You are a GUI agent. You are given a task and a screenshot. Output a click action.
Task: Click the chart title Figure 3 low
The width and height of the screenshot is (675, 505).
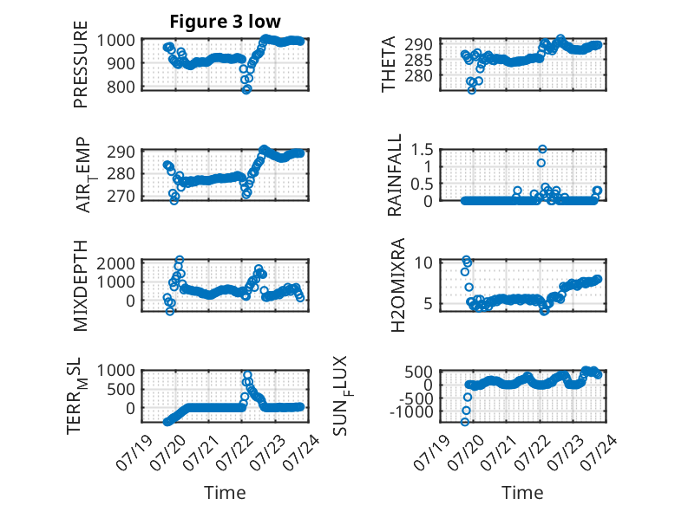tap(225, 22)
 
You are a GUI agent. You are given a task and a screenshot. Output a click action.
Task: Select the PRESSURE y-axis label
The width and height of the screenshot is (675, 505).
tap(81, 64)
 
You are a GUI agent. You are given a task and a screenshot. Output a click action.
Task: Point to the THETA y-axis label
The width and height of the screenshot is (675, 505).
tap(389, 64)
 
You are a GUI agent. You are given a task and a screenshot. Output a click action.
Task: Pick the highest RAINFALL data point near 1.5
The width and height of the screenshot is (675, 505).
tap(542, 149)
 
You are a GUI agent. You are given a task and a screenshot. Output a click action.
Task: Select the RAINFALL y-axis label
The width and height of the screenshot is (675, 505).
tap(394, 175)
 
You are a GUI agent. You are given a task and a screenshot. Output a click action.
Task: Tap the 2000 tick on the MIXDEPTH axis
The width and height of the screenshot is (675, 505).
tap(115, 263)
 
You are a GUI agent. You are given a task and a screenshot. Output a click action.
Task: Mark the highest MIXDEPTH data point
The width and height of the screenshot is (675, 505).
tap(180, 260)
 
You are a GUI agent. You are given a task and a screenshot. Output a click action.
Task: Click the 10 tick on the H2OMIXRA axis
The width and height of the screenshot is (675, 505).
tap(423, 262)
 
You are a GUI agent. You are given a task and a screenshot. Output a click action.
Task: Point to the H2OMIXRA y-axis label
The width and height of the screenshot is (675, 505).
tap(397, 285)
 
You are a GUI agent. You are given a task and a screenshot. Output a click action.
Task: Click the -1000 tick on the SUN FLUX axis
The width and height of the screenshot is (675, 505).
tap(411, 411)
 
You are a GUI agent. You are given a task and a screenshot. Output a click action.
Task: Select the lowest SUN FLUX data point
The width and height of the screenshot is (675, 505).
tap(464, 422)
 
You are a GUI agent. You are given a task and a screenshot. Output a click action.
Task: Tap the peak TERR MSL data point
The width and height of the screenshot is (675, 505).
tap(247, 375)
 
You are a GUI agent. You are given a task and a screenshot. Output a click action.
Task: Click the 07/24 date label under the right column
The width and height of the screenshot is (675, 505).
tap(599, 452)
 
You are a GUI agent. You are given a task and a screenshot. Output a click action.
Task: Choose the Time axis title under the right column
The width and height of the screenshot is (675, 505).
tap(522, 492)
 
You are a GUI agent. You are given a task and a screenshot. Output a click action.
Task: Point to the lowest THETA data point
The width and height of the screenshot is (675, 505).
tap(472, 90)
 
